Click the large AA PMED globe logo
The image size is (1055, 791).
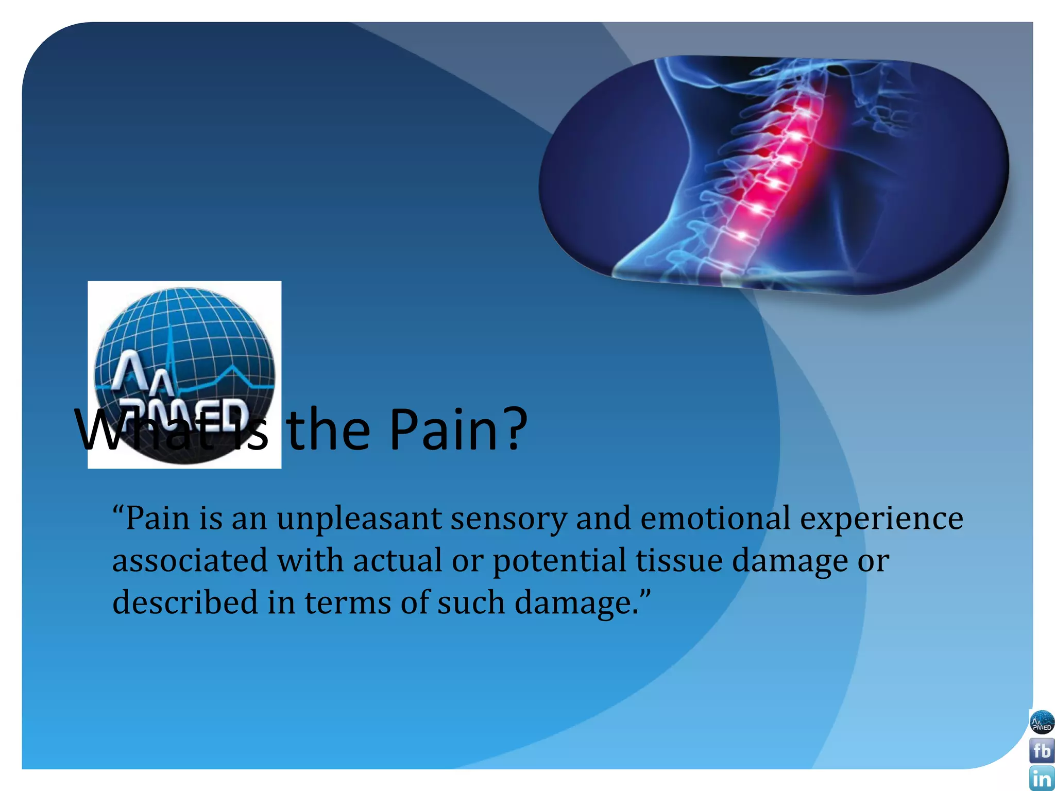[184, 374]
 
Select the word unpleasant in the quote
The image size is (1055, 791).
[359, 518]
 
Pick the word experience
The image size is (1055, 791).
[881, 519]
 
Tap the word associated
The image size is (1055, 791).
[190, 560]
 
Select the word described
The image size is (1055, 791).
[185, 603]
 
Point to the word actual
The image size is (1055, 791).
[397, 560]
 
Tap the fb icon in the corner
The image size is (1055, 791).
[1042, 751]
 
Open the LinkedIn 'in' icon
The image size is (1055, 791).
[1042, 779]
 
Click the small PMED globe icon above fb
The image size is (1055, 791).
[1042, 723]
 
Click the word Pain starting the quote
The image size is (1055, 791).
[157, 518]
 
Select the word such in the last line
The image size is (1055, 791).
[471, 603]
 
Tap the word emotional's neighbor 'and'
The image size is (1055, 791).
[603, 518]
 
